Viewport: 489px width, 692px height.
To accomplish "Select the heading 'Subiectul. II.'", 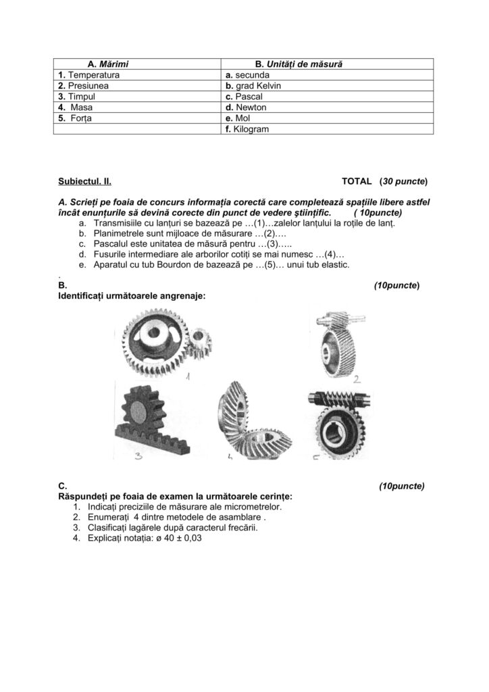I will click(84, 182).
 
